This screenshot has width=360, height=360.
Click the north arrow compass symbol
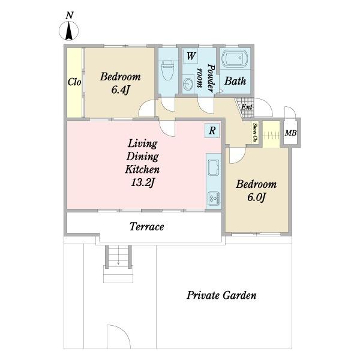69,31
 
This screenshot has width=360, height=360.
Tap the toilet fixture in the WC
168,70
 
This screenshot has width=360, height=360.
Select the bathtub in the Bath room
236,59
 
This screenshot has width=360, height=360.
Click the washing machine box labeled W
191,56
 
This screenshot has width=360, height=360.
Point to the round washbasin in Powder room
189,84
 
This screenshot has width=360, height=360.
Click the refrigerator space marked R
212,130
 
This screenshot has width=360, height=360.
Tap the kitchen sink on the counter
214,168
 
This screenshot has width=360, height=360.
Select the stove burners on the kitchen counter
214,199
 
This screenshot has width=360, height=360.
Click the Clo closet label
74,82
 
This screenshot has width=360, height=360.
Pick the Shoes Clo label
255,132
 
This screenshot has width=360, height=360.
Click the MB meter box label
290,133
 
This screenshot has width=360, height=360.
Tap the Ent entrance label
247,107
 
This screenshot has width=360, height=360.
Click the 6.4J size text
121,89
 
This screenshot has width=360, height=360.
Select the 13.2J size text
142,182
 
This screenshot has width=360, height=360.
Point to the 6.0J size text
256,197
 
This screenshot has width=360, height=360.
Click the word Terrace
147,227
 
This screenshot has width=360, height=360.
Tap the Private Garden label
221,295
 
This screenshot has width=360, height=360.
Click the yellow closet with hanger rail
271,134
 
